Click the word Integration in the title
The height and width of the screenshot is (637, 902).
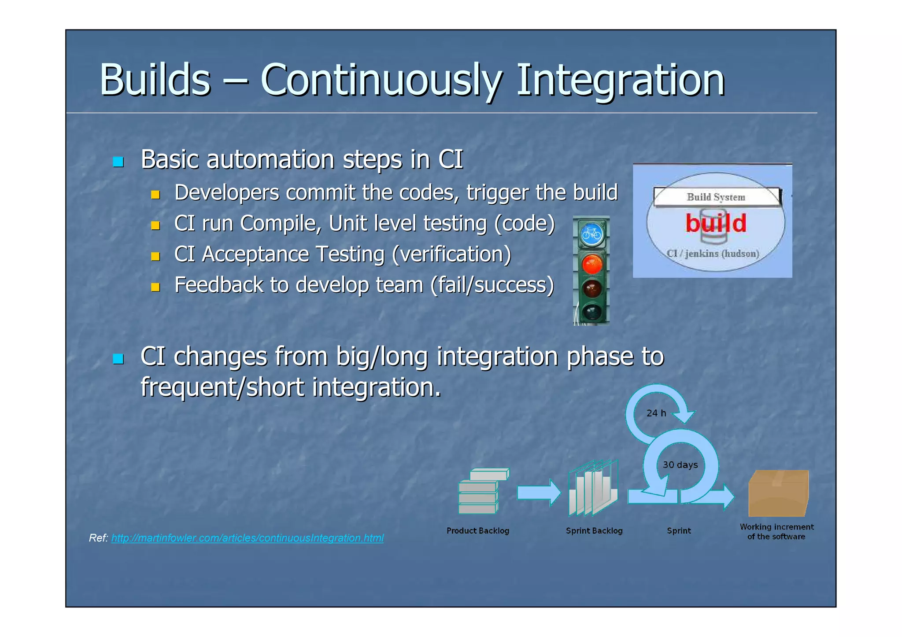[x=620, y=80]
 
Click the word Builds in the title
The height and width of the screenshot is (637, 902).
[x=155, y=80]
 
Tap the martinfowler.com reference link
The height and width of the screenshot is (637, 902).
[x=247, y=538]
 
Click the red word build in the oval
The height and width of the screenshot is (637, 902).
[x=716, y=223]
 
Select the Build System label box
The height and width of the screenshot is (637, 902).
[x=716, y=197]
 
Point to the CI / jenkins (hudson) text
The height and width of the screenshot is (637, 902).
[x=713, y=254]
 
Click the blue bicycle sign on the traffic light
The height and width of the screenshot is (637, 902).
[x=591, y=234]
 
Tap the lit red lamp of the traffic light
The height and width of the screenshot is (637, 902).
[x=591, y=264]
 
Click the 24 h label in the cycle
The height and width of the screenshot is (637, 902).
[x=656, y=413]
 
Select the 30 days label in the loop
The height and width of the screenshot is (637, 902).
[x=680, y=465]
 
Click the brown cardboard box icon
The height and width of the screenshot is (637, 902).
[x=778, y=493]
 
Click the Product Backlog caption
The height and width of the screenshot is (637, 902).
[x=477, y=531]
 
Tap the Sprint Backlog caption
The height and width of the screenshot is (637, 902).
[x=594, y=531]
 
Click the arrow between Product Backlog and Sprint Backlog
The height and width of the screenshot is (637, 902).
[x=538, y=493]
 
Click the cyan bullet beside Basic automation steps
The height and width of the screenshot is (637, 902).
[x=118, y=162]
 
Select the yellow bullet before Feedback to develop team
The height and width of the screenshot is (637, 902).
[x=155, y=287]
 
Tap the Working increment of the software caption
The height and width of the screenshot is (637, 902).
[x=776, y=532]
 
